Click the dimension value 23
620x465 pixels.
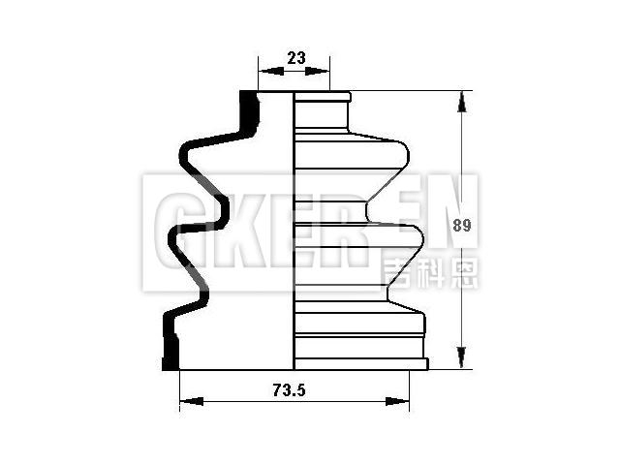click(x=295, y=58)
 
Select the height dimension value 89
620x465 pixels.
click(x=462, y=226)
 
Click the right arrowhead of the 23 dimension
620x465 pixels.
click(x=323, y=72)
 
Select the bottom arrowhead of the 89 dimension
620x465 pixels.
click(x=462, y=360)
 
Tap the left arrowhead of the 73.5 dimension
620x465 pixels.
click(x=190, y=400)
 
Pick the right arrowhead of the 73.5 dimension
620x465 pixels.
click(x=399, y=400)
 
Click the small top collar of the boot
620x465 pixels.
click(x=322, y=98)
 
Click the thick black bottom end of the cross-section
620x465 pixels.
click(x=171, y=355)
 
